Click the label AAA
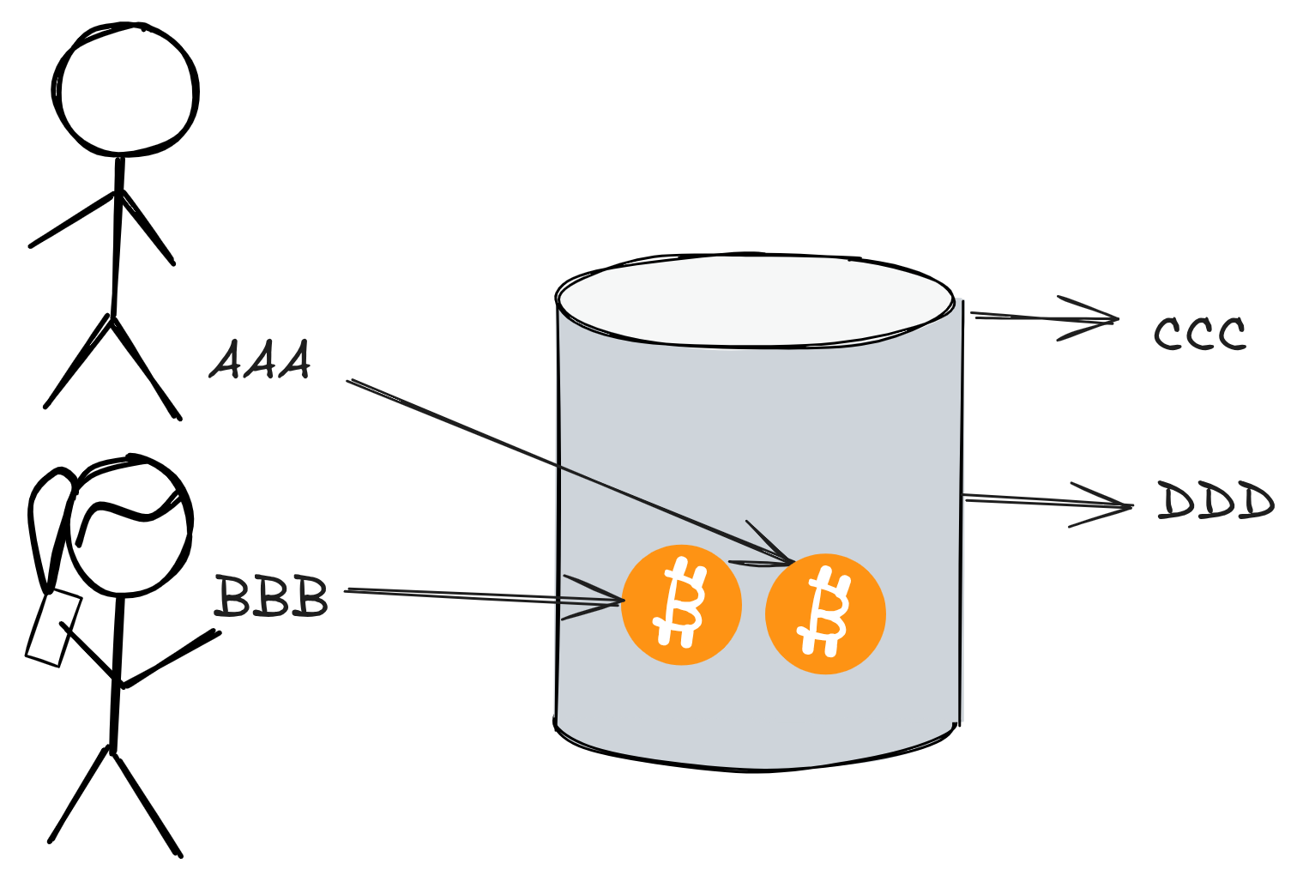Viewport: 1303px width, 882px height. point(260,360)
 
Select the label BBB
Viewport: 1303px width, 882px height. point(271,597)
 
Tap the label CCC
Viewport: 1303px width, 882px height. point(1199,334)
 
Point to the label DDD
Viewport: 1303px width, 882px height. point(1215,501)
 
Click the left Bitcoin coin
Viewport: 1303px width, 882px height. point(681,605)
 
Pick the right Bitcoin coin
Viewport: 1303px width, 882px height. point(825,614)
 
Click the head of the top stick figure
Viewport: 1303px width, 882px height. point(126,91)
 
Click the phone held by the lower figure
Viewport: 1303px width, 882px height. point(53,628)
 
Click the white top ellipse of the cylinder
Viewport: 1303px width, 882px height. point(755,300)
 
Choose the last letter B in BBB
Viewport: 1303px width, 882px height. point(310,597)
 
